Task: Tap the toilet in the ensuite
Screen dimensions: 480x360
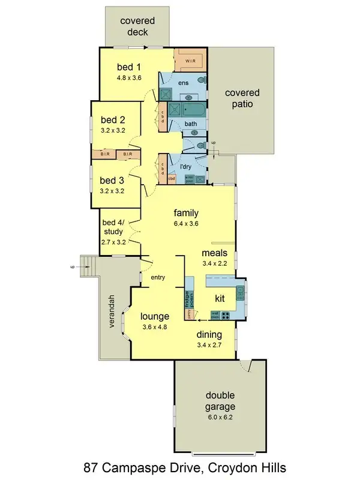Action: (202, 80)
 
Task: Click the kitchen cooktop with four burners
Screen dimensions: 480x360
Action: (227, 315)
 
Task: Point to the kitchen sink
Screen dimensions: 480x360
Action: (241, 293)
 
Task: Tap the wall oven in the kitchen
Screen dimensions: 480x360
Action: (214, 315)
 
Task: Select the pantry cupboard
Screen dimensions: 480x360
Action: (188, 313)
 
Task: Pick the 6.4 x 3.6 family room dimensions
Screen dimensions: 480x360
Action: (186, 224)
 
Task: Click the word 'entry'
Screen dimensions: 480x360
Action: (157, 277)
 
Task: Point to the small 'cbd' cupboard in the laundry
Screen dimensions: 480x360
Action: (171, 178)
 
